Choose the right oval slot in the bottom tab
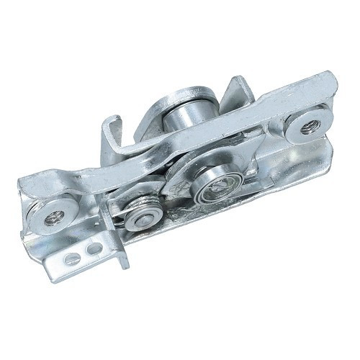point(90,249)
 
